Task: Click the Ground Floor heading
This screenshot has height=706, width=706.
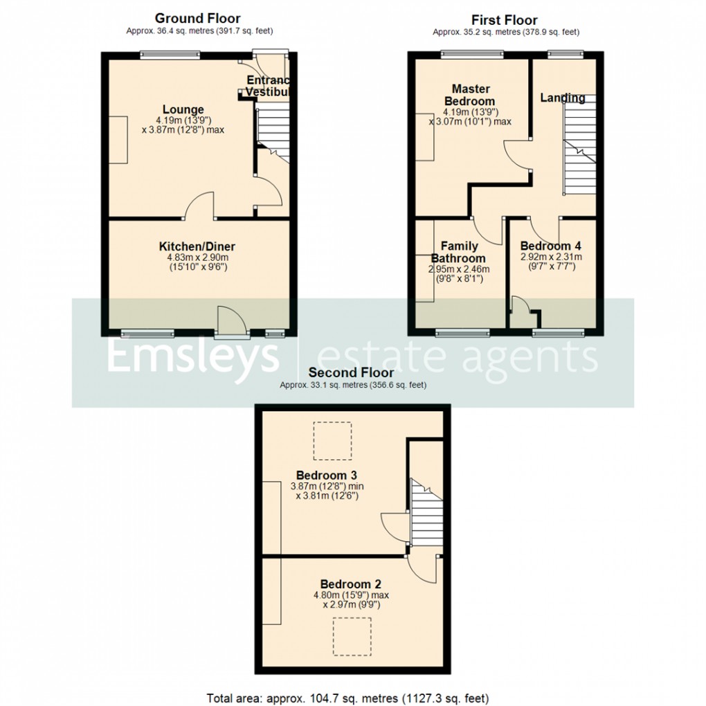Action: pyautogui.click(x=197, y=19)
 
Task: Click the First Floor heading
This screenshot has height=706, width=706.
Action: pyautogui.click(x=505, y=20)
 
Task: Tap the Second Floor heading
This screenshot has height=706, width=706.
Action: pyautogui.click(x=352, y=373)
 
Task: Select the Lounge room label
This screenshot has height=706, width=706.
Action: pyautogui.click(x=183, y=109)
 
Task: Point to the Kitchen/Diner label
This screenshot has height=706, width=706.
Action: pyautogui.click(x=197, y=246)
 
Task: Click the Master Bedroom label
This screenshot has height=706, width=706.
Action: pyautogui.click(x=471, y=95)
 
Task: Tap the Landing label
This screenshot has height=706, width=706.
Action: pyautogui.click(x=562, y=98)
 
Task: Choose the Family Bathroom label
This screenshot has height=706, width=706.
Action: pyautogui.click(x=459, y=252)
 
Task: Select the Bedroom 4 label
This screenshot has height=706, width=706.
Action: pyautogui.click(x=551, y=246)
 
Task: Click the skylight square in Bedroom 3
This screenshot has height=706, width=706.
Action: pyautogui.click(x=332, y=441)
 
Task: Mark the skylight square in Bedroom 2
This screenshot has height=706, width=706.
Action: pyautogui.click(x=352, y=637)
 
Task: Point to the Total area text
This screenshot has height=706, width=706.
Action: pyautogui.click(x=352, y=698)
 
